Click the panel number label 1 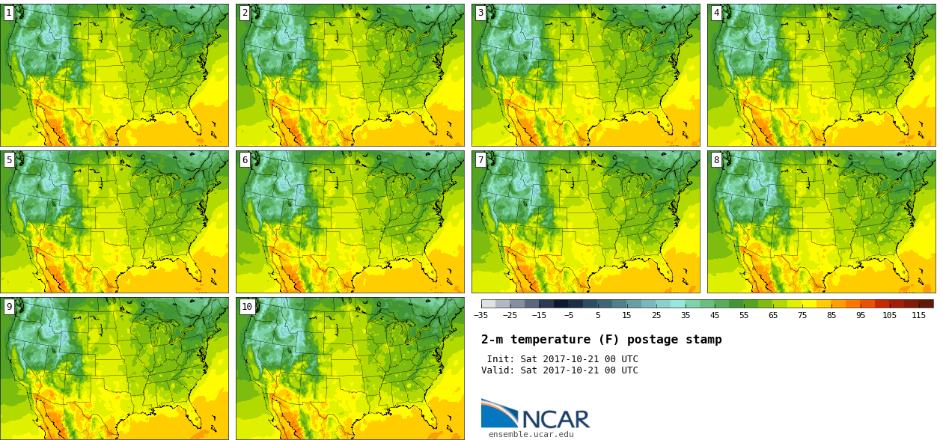tap(9, 13)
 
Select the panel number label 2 tap(245, 13)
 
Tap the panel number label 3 tap(480, 13)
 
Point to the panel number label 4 tap(716, 13)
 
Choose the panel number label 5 tap(9, 160)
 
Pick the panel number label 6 tap(245, 160)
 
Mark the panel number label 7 tap(480, 160)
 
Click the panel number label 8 tap(716, 160)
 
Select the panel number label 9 tap(9, 307)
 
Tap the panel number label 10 tap(247, 307)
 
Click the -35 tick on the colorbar tap(480, 315)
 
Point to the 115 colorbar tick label tap(919, 315)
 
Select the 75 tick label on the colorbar tap(802, 315)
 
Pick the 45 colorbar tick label tap(715, 315)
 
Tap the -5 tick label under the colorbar tap(569, 315)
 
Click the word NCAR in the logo tap(556, 419)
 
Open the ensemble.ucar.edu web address tap(531, 434)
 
